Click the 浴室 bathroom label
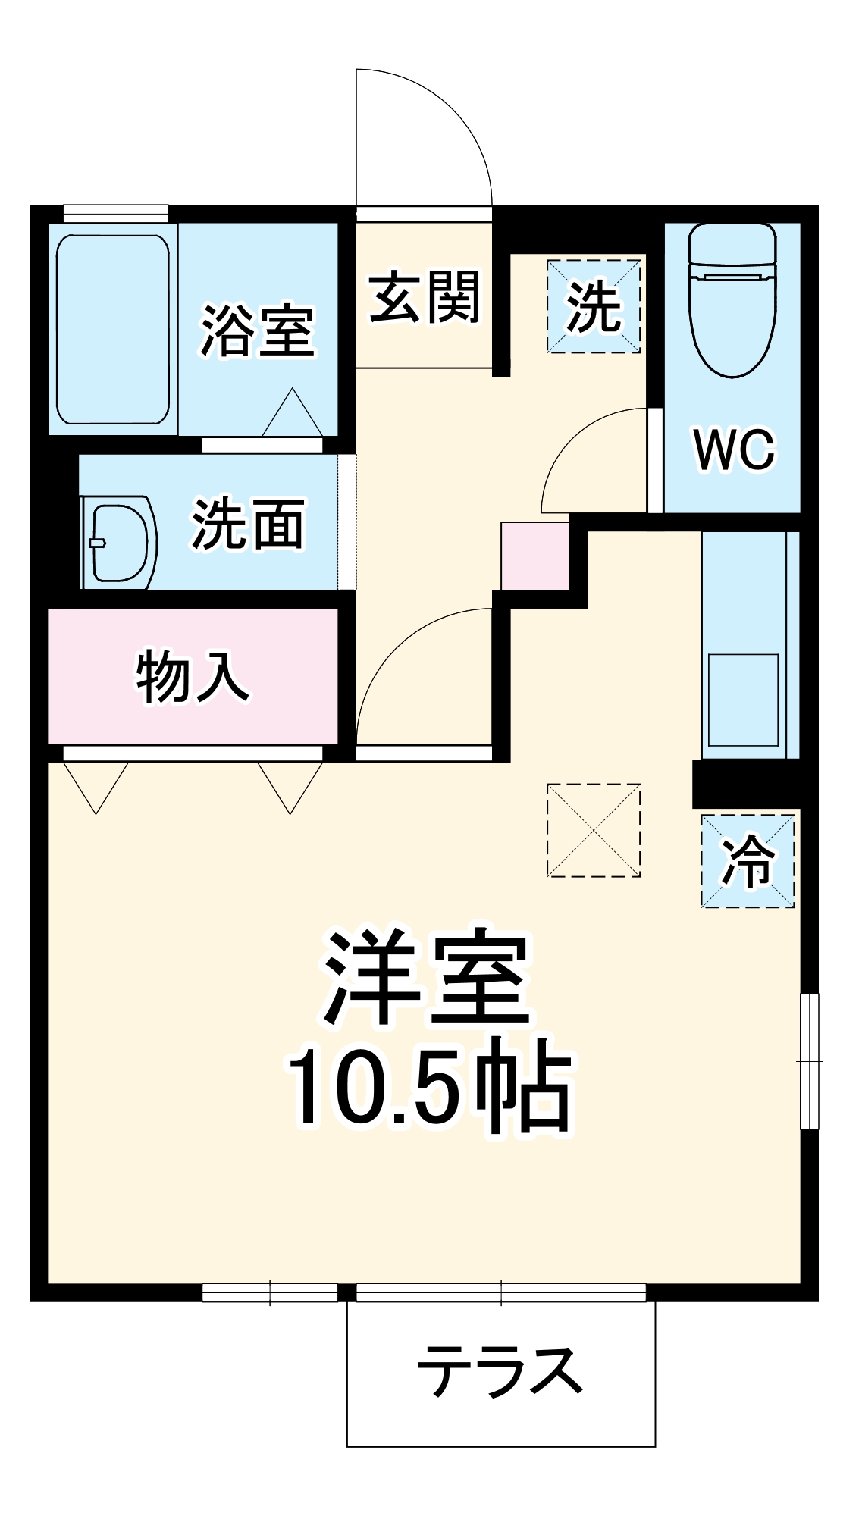(258, 330)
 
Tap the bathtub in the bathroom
(113, 329)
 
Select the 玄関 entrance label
(425, 297)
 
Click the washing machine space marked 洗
(594, 305)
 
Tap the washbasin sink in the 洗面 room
(120, 542)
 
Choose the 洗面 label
(248, 524)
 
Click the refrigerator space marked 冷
(748, 860)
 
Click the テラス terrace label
(500, 1372)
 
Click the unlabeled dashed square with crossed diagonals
(594, 830)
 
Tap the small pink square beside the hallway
(535, 556)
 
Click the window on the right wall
(810, 1060)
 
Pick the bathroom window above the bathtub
(115, 213)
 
